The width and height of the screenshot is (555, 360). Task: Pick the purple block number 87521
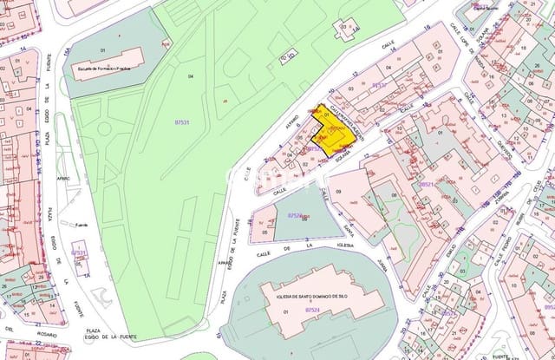tap(426, 184)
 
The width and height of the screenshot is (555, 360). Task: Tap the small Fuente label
tap(82, 222)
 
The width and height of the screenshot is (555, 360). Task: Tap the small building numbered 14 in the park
tap(346, 28)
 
